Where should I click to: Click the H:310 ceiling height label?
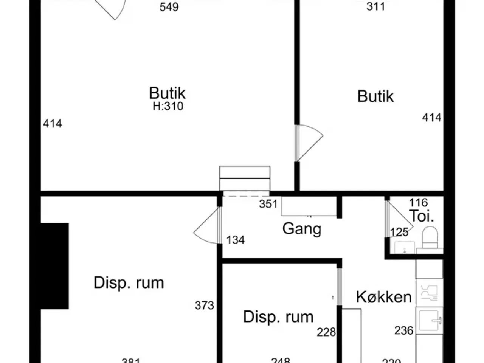click(x=168, y=106)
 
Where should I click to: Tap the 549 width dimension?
click(x=169, y=7)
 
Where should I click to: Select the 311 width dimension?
click(x=375, y=6)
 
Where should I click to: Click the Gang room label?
click(x=302, y=229)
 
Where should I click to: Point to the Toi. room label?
click(x=421, y=216)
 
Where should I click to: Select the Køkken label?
click(x=383, y=297)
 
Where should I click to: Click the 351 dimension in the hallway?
click(x=268, y=204)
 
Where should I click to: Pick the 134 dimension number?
click(x=235, y=240)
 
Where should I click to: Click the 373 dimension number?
click(x=205, y=305)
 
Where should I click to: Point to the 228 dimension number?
click(x=326, y=332)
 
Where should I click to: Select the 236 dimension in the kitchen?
click(x=403, y=330)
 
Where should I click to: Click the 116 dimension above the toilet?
click(x=418, y=203)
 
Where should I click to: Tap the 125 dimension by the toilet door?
click(x=399, y=232)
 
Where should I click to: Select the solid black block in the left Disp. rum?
click(x=54, y=266)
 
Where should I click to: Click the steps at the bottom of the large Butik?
click(x=245, y=178)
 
